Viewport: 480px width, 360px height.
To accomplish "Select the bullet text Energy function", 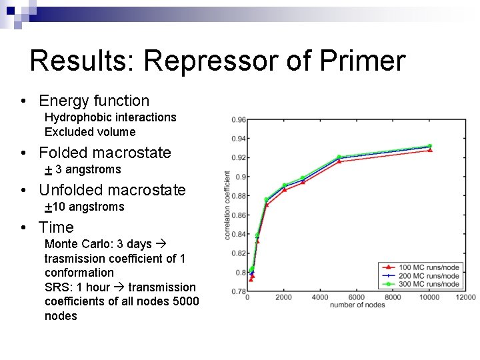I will (94, 101).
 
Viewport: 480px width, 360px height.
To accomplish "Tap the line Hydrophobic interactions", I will (110, 117).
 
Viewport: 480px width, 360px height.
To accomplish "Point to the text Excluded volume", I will (90, 132).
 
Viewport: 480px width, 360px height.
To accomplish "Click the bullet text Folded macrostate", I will (105, 153).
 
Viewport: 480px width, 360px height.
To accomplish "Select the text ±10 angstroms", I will (84, 207).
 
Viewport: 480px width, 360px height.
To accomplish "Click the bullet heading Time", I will (56, 227).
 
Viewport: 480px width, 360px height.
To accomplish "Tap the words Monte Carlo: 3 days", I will (98, 244).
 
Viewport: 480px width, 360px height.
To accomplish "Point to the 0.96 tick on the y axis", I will (239, 120).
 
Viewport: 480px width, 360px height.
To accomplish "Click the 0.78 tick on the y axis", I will (239, 291).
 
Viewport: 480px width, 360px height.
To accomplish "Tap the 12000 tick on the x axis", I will (466, 297).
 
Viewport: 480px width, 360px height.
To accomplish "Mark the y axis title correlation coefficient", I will (227, 205).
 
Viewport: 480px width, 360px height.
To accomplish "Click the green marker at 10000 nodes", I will (430, 146).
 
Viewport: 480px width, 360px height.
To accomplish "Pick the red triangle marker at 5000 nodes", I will (339, 161).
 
